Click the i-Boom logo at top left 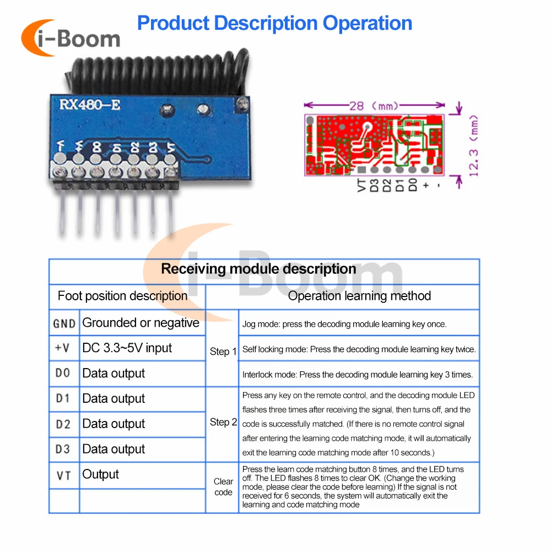point(70,38)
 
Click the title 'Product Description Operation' point(274,23)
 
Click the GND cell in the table point(64,323)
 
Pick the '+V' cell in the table point(63,348)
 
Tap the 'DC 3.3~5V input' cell point(127,348)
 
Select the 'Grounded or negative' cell point(141,323)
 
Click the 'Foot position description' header point(122,296)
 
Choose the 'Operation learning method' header point(359,296)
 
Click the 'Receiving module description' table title point(258,269)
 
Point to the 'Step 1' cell point(223,352)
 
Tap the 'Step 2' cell point(223,423)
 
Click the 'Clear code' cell point(223,487)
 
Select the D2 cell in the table point(63,424)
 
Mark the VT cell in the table point(63,475)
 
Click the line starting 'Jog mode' point(344,324)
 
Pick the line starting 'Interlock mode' point(357,375)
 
